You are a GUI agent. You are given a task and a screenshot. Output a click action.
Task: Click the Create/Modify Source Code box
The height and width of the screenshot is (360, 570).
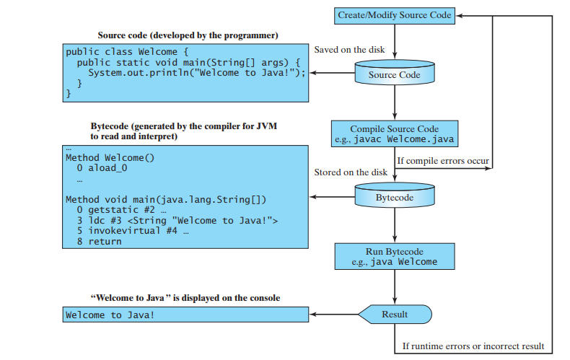(x=395, y=15)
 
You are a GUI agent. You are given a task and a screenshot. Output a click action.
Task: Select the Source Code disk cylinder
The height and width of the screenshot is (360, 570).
(x=395, y=74)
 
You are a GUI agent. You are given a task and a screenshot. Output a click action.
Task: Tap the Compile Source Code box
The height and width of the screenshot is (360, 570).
(x=395, y=133)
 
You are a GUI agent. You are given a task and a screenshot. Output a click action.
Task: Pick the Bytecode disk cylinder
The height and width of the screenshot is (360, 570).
(x=395, y=196)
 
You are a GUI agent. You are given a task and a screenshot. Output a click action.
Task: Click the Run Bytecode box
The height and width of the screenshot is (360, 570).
(x=395, y=256)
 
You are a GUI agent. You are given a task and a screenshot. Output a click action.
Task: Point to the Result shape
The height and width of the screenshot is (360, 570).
(x=395, y=315)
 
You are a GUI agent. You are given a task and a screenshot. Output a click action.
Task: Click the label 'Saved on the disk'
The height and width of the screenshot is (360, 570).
(x=349, y=50)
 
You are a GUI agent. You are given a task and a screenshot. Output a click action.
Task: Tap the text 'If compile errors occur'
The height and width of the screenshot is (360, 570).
(x=443, y=160)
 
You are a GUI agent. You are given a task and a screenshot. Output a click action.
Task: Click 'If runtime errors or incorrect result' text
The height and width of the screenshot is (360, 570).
(x=473, y=346)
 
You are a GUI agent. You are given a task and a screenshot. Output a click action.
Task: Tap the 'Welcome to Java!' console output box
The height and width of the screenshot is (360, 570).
(x=185, y=315)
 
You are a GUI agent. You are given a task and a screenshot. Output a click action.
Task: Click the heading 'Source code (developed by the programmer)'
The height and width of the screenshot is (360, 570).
(x=188, y=35)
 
